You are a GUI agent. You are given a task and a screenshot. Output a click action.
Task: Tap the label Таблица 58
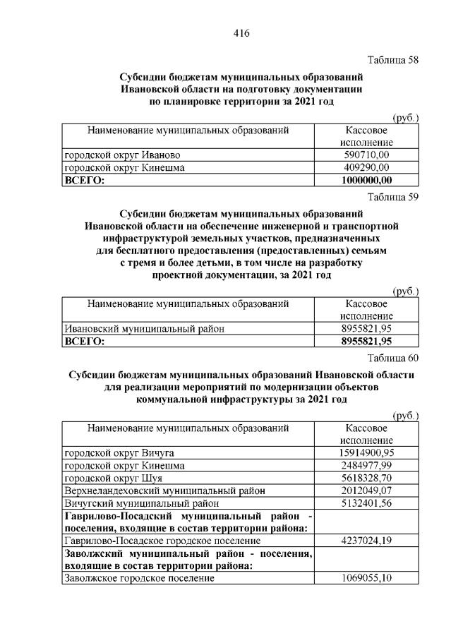coord(393,59)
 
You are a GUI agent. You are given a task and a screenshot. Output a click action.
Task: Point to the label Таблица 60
coord(393,358)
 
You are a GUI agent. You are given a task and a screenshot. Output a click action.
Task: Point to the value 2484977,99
coord(366,465)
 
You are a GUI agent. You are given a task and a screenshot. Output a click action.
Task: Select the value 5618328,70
coord(366,478)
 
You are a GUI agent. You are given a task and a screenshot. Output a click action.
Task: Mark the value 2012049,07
coord(366,490)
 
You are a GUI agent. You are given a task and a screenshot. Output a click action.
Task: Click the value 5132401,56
coord(366,503)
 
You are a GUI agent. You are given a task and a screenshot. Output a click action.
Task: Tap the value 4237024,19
coord(366,541)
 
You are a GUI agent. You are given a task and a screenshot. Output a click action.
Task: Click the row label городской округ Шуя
coord(114,478)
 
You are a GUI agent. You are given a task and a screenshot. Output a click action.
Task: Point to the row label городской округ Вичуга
coord(119,452)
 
